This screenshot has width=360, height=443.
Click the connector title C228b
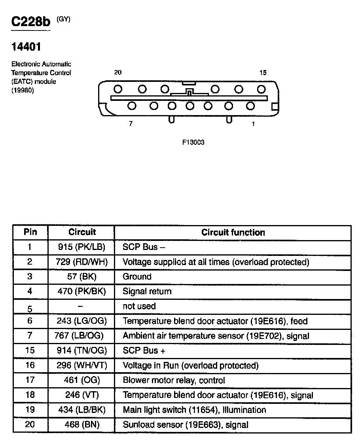coord(31,22)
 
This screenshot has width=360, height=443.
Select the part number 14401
coord(26,47)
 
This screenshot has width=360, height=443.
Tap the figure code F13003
coord(193,142)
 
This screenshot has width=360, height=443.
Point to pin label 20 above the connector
coord(117,72)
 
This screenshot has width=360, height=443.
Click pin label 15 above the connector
coord(263,72)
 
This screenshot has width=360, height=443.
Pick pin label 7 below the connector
coord(131,124)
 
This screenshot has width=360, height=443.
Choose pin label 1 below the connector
coord(253,124)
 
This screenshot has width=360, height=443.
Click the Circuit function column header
coord(233,233)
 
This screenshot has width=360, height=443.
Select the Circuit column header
coord(82,232)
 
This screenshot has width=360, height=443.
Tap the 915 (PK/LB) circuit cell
coord(82,247)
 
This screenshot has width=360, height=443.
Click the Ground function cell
coord(137,277)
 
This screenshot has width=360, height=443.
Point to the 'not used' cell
coord(139,306)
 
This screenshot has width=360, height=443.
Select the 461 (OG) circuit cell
coord(82,381)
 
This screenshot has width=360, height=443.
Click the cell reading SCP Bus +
coord(144,351)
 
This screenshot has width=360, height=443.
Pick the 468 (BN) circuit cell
coord(82,425)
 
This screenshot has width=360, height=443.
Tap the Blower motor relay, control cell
coord(174,381)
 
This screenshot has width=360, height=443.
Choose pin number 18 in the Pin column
coord(30,395)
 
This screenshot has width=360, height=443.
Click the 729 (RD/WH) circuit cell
coord(82,262)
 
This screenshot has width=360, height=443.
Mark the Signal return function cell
coord(147,292)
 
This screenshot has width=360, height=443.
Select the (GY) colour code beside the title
coord(63,19)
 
